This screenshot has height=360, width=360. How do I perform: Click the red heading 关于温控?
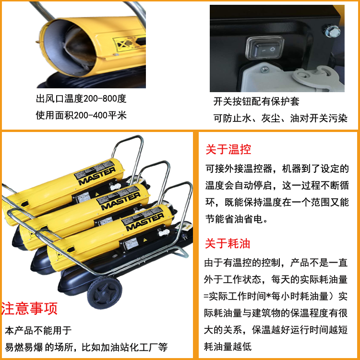coord(228,149)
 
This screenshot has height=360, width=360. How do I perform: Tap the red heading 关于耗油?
coord(228,243)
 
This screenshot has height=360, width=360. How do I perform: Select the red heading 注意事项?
coord(29,308)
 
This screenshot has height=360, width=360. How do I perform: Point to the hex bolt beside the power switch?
coord(332,30)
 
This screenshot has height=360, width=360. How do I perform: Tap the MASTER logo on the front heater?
coord(145,221)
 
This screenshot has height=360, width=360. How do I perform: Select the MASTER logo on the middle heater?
coord(120,201)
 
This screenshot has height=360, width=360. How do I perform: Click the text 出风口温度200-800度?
coord(81,99)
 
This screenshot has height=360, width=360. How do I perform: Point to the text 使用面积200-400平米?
coord(81,115)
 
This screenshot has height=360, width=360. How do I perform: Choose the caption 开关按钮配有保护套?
coord(256,101)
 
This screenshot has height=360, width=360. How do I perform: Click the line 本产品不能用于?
coord(38,330)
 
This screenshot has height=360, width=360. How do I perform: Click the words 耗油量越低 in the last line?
coord(228,347)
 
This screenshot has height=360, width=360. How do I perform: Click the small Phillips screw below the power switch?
coord(265,69)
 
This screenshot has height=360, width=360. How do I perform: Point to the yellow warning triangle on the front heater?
coord(145,240)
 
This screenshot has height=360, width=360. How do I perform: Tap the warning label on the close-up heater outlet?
coord(129,43)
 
